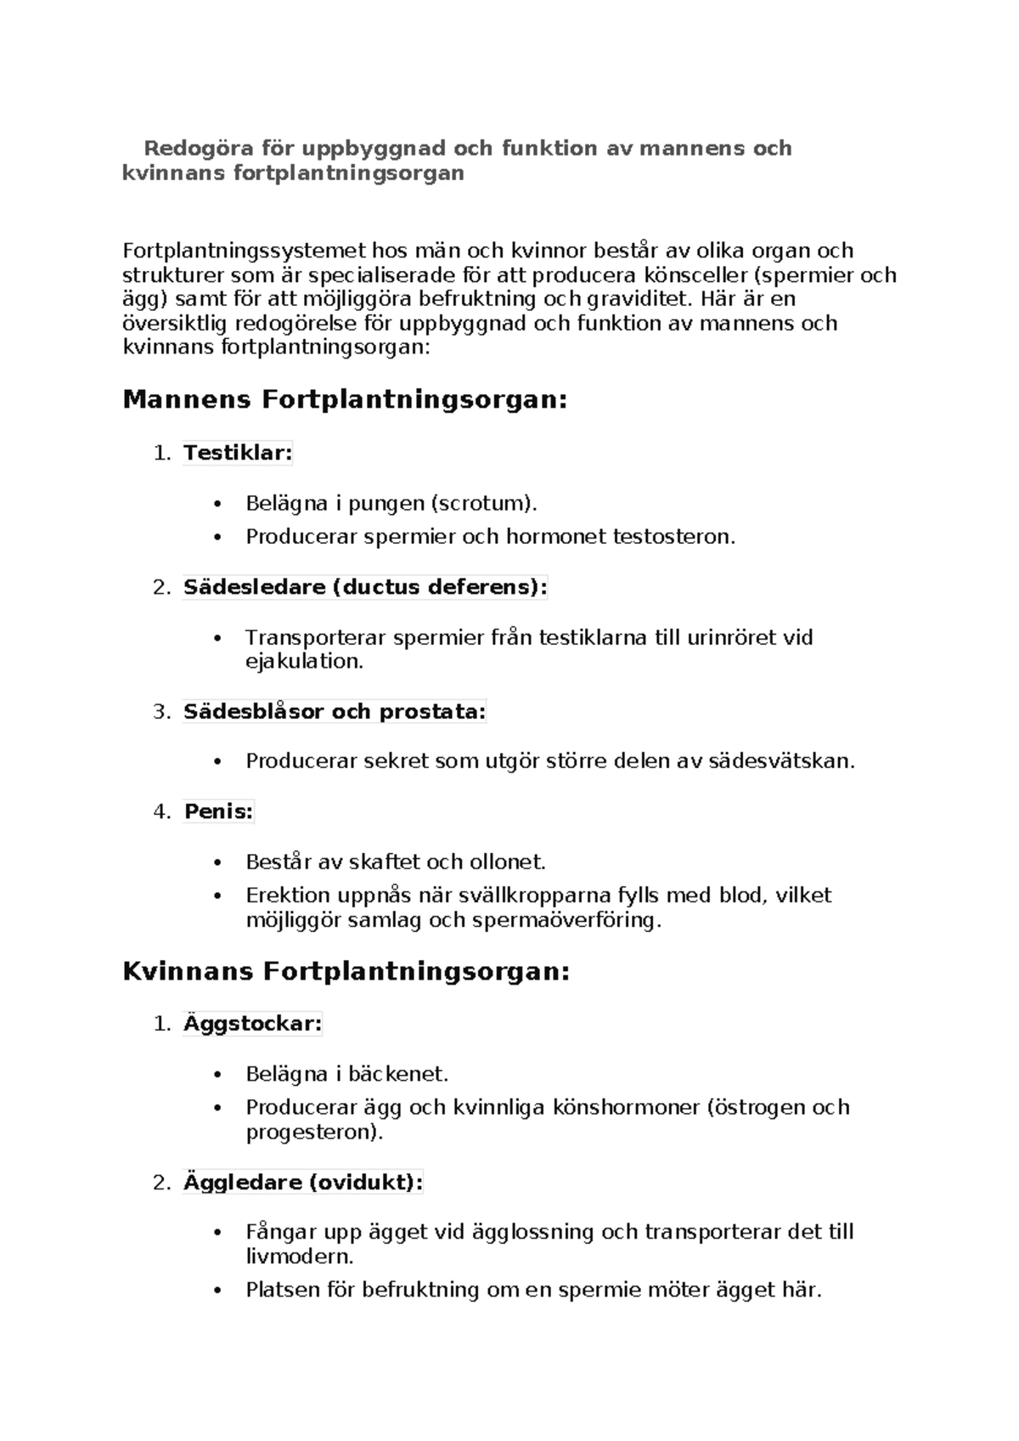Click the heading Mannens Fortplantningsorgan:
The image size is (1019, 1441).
tap(344, 399)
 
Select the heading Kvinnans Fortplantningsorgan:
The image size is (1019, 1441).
tap(346, 971)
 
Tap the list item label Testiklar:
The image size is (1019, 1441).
tap(238, 453)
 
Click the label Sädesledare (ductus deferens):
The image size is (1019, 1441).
tap(365, 587)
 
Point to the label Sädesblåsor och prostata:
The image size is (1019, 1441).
tap(335, 712)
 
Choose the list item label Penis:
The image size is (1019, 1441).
tap(218, 811)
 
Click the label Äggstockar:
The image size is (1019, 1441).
tap(252, 1024)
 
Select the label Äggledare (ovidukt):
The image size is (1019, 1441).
tap(302, 1183)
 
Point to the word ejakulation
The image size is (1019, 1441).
tap(304, 662)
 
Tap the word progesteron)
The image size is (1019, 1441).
tap(314, 1133)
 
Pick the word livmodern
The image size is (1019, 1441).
tap(299, 1257)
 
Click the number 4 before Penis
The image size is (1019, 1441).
tap(160, 811)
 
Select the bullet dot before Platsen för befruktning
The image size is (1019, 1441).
tap(218, 1291)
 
